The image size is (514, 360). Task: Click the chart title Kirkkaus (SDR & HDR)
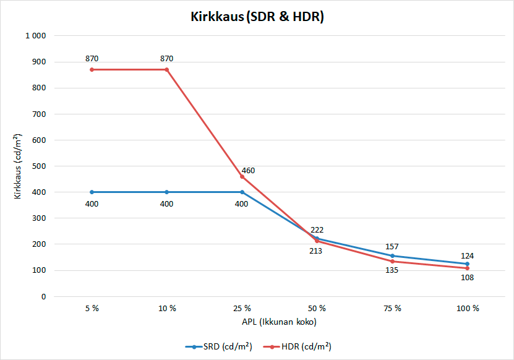tap(257, 17)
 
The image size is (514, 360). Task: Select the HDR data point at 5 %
tap(92, 69)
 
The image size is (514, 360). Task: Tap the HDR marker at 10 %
tap(167, 69)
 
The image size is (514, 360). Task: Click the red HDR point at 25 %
tap(242, 176)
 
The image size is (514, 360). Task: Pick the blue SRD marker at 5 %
tap(92, 192)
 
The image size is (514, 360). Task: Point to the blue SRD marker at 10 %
tap(167, 192)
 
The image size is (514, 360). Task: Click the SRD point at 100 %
tap(467, 264)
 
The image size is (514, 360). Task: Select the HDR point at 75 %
tap(392, 261)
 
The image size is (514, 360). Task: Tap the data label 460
tap(248, 170)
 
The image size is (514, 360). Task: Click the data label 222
tap(317, 229)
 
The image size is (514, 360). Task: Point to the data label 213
tap(315, 251)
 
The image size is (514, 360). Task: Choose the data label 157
tap(392, 246)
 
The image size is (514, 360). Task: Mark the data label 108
tap(467, 278)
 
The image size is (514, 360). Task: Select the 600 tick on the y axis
tap(39, 140)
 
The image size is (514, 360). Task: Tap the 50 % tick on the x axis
tap(317, 308)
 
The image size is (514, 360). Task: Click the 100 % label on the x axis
tap(467, 308)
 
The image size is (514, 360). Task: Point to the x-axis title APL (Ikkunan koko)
tap(279, 322)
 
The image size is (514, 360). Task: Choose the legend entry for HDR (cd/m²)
tap(301, 346)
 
